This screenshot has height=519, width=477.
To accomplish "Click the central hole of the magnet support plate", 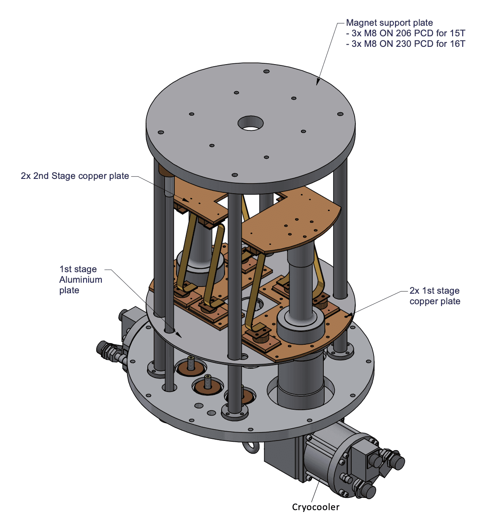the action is click(250, 123).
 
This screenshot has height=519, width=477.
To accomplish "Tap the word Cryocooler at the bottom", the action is click(315, 507).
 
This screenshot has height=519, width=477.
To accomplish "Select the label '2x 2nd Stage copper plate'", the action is click(75, 176).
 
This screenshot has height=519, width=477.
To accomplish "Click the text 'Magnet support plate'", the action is click(389, 23).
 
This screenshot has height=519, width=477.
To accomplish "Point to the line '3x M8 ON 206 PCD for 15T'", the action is click(406, 33).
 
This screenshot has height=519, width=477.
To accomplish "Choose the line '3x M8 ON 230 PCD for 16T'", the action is click(406, 44).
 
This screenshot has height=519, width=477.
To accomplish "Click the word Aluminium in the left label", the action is click(81, 280).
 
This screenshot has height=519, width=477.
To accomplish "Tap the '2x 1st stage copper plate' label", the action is click(435, 296).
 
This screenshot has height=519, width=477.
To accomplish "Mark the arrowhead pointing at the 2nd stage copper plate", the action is click(186, 200).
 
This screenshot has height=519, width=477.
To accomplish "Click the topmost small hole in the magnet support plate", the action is click(266, 71).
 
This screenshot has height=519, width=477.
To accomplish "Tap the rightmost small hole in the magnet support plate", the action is click(340, 114).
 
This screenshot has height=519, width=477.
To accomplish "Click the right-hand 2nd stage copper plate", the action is click(291, 222).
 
